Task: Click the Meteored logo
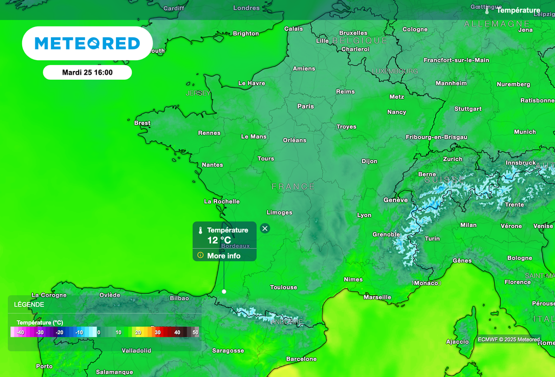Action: coord(87,43)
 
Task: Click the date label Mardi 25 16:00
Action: coord(87,72)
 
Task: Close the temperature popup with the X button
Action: coord(264,229)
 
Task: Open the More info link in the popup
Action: coord(223,256)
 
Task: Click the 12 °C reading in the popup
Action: coord(219,240)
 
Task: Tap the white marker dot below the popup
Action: coord(224,291)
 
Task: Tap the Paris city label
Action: coord(306,106)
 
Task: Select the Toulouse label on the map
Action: coord(283,287)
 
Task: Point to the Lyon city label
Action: coord(364,215)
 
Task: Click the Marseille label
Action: coord(377,297)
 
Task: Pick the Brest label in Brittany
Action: coord(142,123)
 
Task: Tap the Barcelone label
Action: coord(301,359)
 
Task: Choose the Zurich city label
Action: coord(453,159)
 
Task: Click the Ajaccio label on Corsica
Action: coord(457,342)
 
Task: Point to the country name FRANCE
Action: coord(293,186)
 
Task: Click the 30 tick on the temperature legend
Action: coord(158,332)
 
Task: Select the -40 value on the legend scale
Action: coord(20,332)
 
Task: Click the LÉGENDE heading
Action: coord(30,304)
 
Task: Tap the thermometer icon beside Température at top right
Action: coord(487,10)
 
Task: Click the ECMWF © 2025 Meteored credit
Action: coord(508,340)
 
